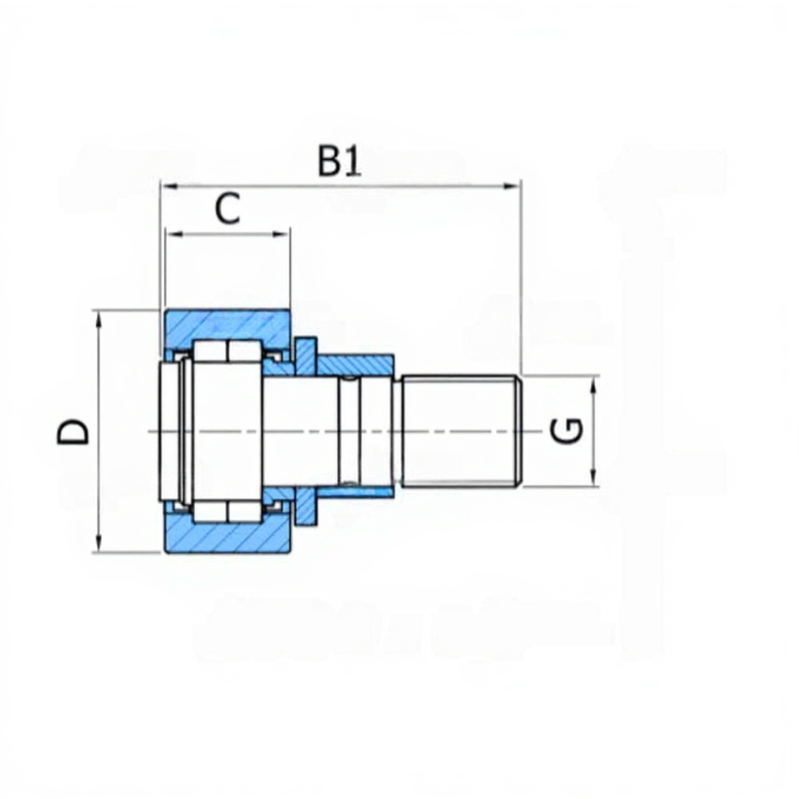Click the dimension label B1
coord(339,161)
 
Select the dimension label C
coord(227,209)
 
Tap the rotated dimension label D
coord(73,432)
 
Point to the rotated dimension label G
coord(566,431)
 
